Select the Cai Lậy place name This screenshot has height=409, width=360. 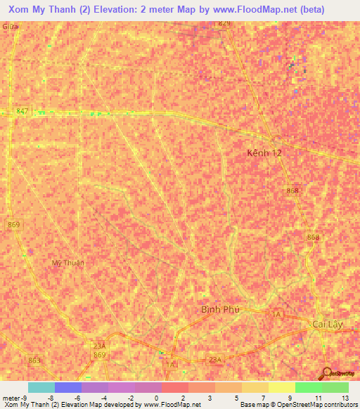click(329, 324)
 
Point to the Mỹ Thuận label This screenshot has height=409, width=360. click(68, 263)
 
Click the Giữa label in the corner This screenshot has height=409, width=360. click(10, 25)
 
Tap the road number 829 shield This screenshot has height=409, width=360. click(224, 23)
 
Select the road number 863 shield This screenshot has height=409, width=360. click(34, 360)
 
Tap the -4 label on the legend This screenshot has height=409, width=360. click(105, 398)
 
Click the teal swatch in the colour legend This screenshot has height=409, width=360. click(41, 387)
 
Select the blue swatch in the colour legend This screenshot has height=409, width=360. click(67, 387)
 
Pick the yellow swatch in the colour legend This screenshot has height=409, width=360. click(281, 387)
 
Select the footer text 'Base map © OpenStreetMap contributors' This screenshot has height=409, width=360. click(298, 405)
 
